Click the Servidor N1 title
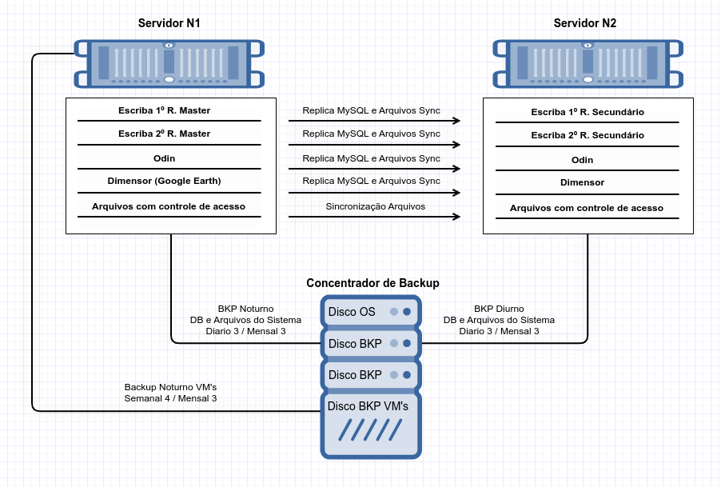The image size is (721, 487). click(x=169, y=23)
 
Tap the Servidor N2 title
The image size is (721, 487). click(x=584, y=23)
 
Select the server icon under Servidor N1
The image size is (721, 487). click(x=169, y=63)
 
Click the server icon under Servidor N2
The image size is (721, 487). click(x=588, y=63)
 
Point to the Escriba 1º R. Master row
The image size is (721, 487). click(x=164, y=110)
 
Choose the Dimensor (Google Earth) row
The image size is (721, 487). click(x=164, y=181)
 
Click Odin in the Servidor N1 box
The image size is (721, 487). click(x=164, y=158)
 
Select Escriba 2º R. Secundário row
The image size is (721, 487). click(x=588, y=135)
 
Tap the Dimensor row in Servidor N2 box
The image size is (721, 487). click(x=582, y=182)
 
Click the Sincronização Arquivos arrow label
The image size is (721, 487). click(x=375, y=206)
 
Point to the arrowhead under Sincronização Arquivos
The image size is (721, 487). click(x=456, y=217)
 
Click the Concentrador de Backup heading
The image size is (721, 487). click(x=372, y=283)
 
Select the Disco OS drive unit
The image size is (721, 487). click(x=371, y=312)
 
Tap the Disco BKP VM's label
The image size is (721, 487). click(x=368, y=406)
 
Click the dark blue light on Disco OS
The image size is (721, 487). click(x=407, y=312)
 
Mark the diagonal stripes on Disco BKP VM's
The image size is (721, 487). click(x=370, y=430)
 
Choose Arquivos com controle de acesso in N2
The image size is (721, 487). click(x=586, y=208)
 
